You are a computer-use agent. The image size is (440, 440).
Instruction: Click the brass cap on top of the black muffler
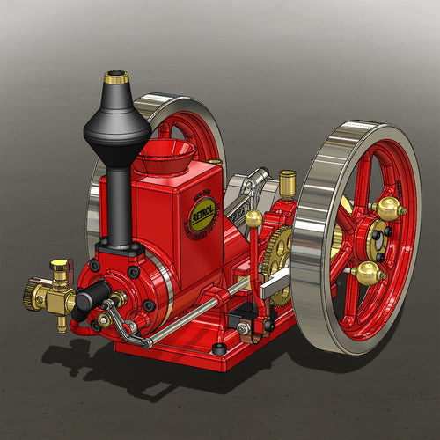coord(115,78)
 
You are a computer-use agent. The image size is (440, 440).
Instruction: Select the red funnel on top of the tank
coord(164,156)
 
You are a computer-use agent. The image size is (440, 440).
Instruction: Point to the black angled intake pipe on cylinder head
coord(92,299)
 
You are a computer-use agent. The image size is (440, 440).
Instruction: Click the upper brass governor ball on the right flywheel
coord(387,209)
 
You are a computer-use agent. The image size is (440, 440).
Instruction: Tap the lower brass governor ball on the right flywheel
coord(368,274)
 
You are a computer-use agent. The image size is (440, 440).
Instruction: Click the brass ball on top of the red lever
coord(253,217)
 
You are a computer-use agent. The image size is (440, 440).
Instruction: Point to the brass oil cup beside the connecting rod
coord(286,182)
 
